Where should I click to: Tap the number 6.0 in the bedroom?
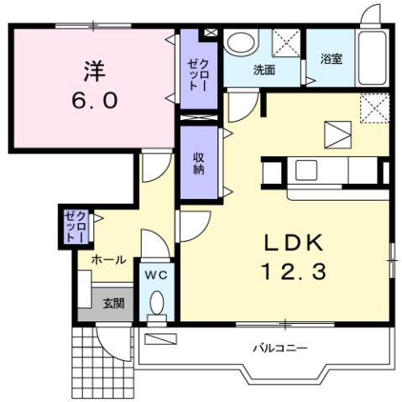[x=94, y=100]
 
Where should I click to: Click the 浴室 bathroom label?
[x=332, y=60]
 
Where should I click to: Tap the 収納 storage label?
[x=199, y=164]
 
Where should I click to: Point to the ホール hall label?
[x=109, y=260]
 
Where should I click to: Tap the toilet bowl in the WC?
[x=157, y=303]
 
